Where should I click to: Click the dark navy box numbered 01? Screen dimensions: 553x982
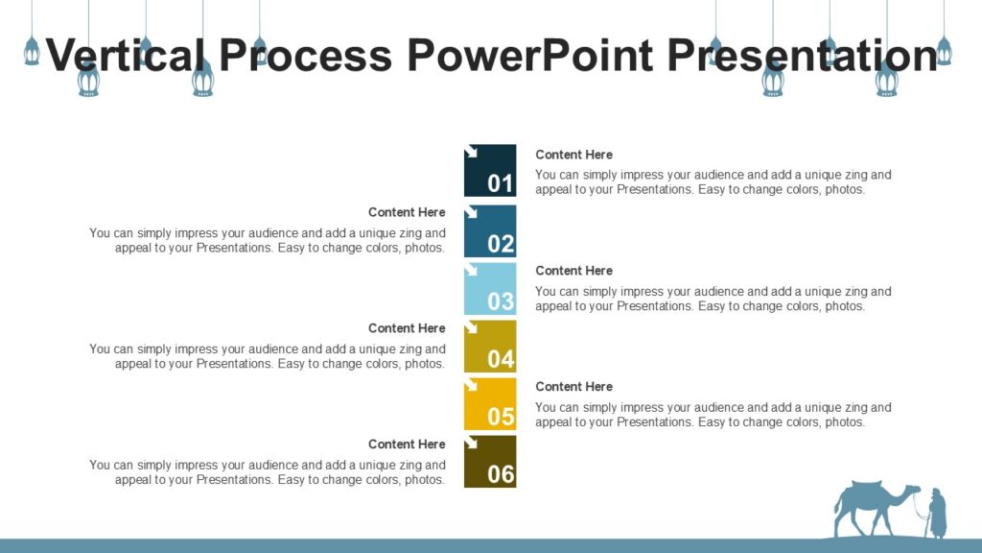(x=490, y=171)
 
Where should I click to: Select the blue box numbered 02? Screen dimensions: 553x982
(x=490, y=231)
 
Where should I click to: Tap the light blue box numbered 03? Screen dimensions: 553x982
(x=490, y=289)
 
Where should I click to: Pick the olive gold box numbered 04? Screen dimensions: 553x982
(x=490, y=347)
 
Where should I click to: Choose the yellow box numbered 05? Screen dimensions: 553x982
(x=490, y=404)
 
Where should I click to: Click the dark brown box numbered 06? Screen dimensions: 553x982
(x=490, y=462)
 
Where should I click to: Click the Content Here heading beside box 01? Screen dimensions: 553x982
(x=573, y=155)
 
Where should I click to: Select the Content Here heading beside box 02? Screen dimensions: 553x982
(x=407, y=212)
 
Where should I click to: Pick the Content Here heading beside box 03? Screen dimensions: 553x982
(x=573, y=271)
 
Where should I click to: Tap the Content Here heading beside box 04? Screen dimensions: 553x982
(x=407, y=328)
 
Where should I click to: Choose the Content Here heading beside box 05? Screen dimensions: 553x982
(x=573, y=386)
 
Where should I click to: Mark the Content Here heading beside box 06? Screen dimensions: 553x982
(x=407, y=444)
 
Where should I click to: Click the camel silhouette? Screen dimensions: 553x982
(x=871, y=505)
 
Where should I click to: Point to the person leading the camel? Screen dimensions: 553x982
(x=937, y=514)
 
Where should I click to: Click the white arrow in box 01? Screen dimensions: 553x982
(x=472, y=152)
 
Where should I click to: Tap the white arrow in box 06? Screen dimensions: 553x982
(x=472, y=443)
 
